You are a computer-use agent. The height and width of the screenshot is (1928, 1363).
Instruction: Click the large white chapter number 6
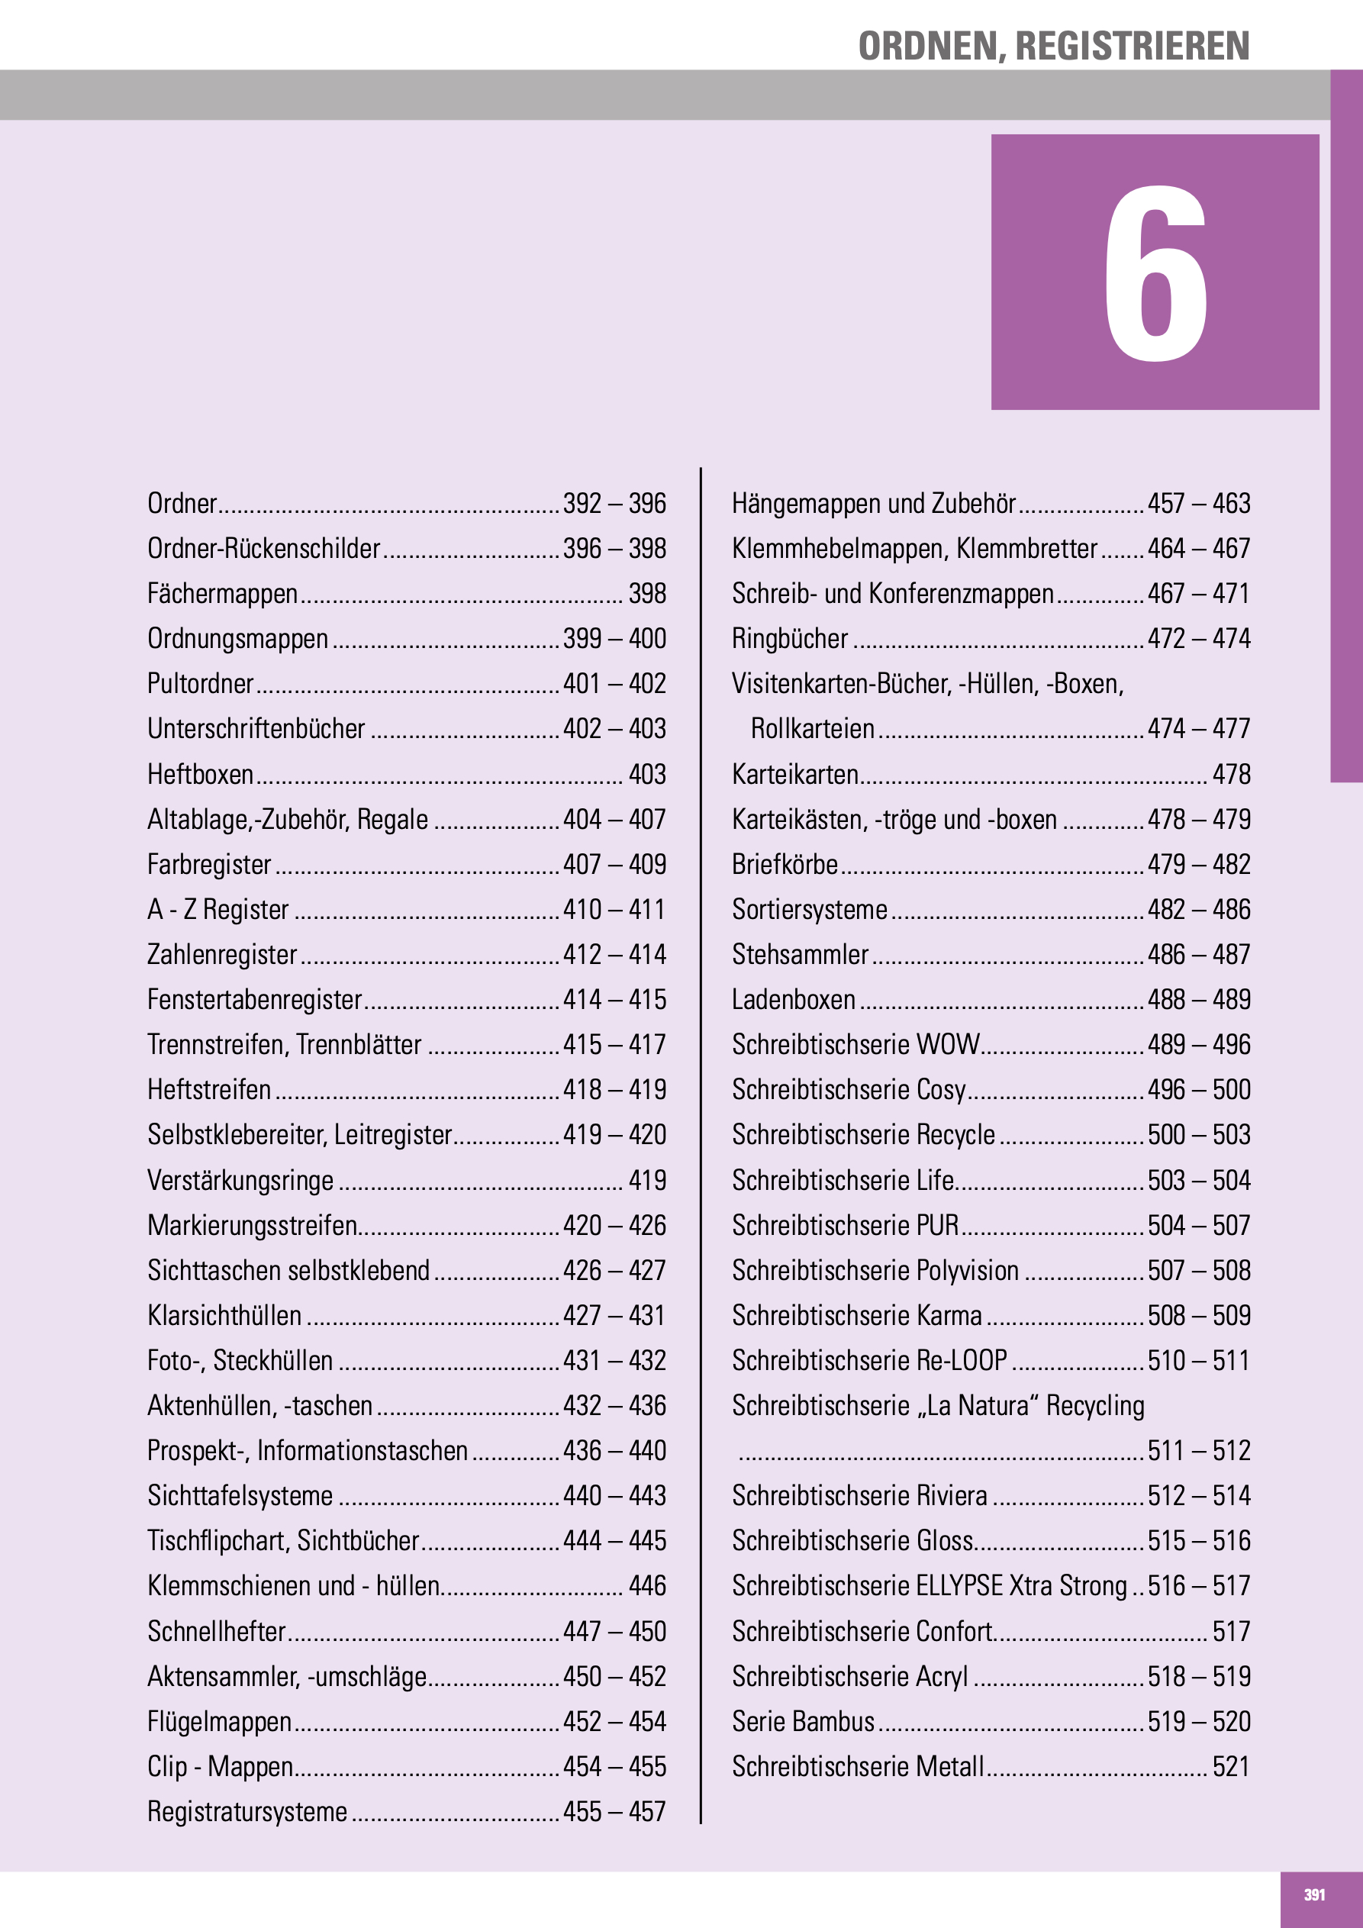click(1155, 273)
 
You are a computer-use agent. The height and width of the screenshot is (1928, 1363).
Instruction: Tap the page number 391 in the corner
click(1314, 1894)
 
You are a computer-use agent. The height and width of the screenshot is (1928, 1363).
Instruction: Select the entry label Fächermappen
click(223, 594)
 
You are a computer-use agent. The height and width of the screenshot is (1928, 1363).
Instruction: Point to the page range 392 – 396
click(614, 504)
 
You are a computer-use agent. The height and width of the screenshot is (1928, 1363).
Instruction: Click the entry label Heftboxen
click(200, 774)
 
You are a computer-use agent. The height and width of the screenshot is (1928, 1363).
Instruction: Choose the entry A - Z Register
click(217, 909)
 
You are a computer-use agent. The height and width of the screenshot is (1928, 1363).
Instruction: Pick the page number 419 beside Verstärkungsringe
click(646, 1180)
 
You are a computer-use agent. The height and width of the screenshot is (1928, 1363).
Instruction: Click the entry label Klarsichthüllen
click(224, 1315)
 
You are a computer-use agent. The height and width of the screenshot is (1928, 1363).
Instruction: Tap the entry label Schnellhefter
click(217, 1631)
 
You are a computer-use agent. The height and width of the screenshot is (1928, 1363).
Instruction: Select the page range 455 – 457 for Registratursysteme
click(614, 1811)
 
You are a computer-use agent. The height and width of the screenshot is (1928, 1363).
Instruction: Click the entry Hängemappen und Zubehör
click(873, 504)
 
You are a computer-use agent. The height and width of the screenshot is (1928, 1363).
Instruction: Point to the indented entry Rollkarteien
click(812, 729)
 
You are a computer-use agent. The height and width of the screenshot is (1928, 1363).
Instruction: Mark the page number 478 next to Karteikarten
click(1231, 774)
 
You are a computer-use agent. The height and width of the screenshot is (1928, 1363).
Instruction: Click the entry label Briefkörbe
click(785, 864)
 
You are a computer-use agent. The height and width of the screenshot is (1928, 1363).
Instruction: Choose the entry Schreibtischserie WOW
click(855, 1045)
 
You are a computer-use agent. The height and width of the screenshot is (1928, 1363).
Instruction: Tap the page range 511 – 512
click(1198, 1450)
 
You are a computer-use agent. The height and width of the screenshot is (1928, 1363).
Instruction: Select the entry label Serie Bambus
click(803, 1721)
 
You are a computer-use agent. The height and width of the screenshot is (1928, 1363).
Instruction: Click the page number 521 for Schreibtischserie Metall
click(1231, 1767)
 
